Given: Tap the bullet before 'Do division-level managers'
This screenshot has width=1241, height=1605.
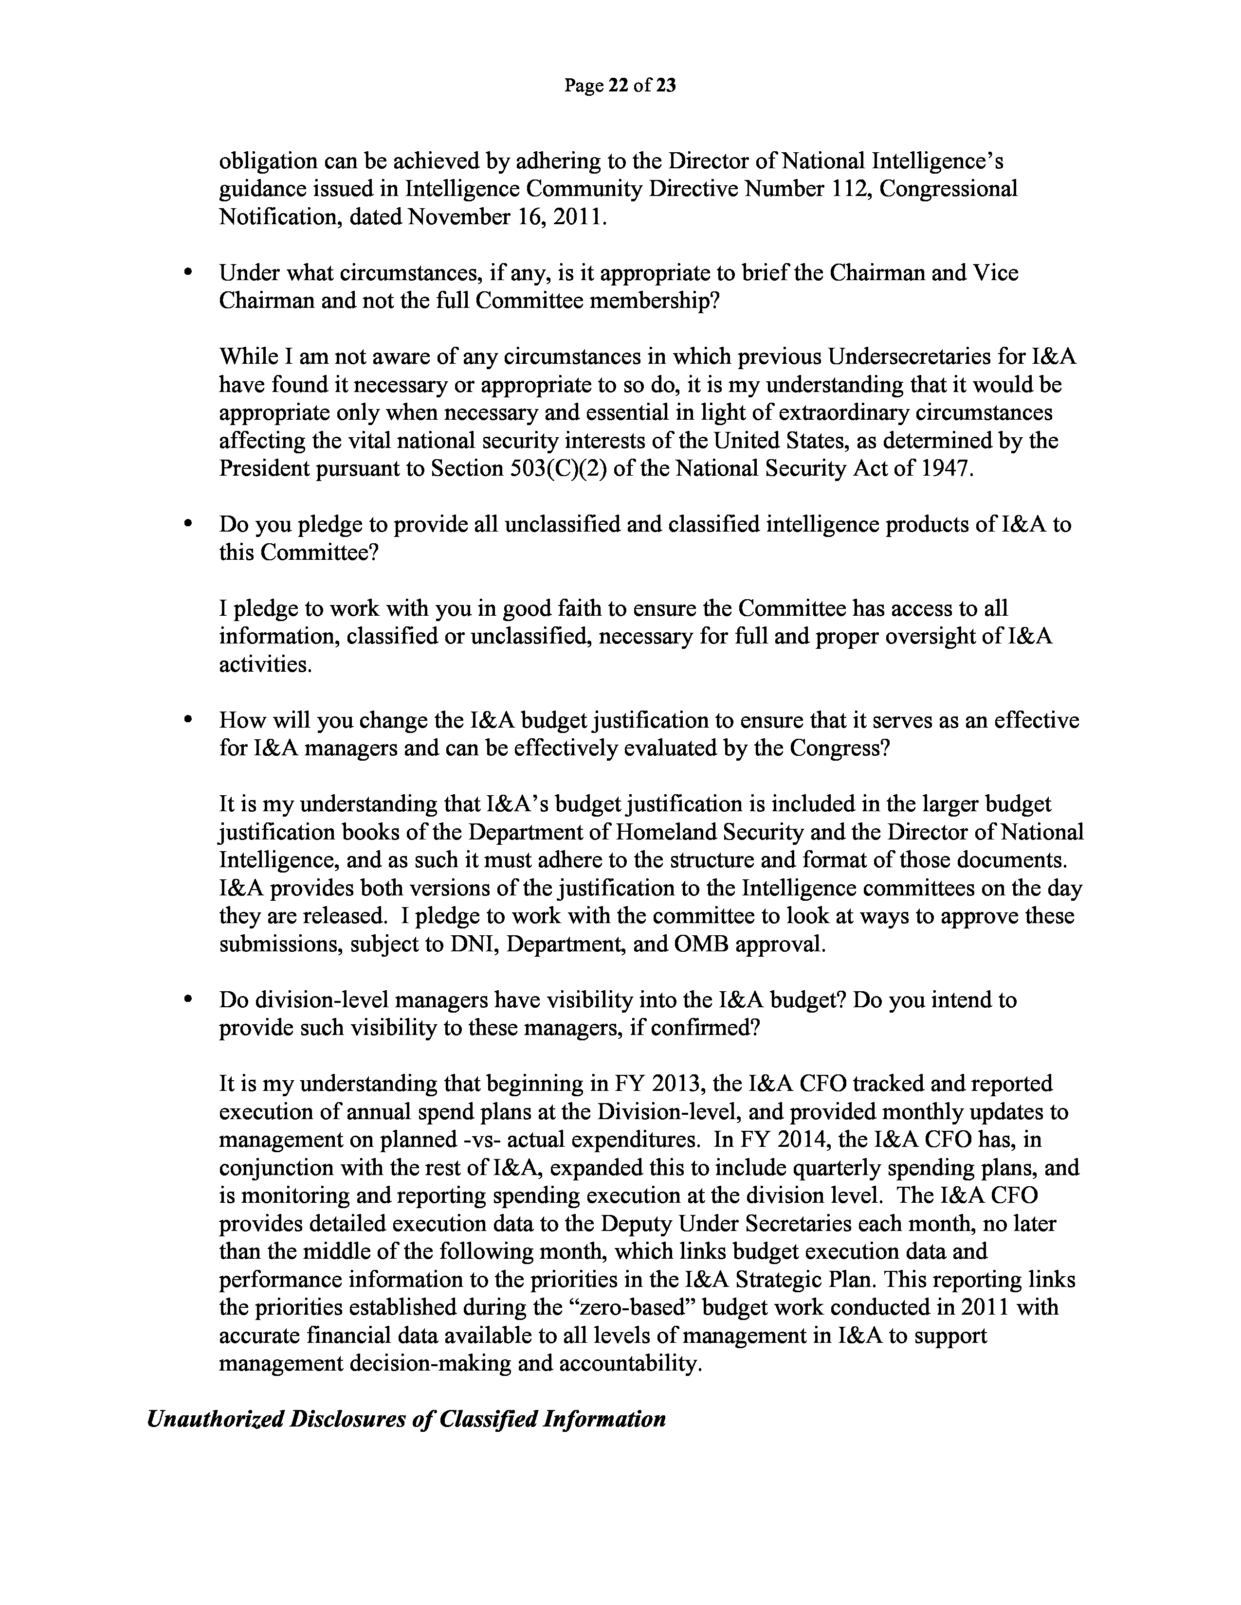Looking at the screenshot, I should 188,999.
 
